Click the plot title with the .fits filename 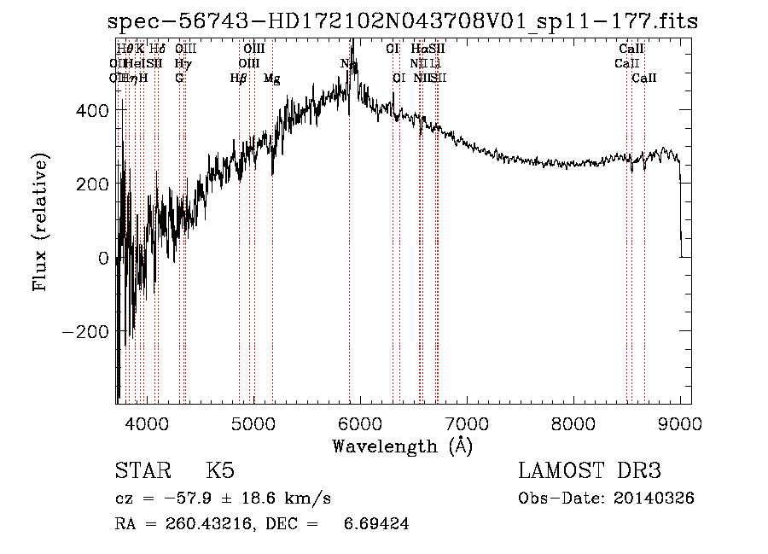point(402,21)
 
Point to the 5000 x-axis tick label point(253,423)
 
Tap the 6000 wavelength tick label point(360,423)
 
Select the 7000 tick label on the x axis point(467,423)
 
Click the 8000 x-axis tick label point(573,423)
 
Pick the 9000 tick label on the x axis point(680,423)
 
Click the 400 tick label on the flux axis point(91,110)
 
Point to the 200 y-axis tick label point(91,184)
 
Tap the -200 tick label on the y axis point(85,331)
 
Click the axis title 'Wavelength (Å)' point(402,446)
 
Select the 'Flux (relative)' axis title point(41,221)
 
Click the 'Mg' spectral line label point(272,79)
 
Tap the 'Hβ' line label point(238,79)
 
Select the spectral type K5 point(219,471)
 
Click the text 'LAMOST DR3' point(590,471)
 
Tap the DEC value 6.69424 point(375,524)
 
